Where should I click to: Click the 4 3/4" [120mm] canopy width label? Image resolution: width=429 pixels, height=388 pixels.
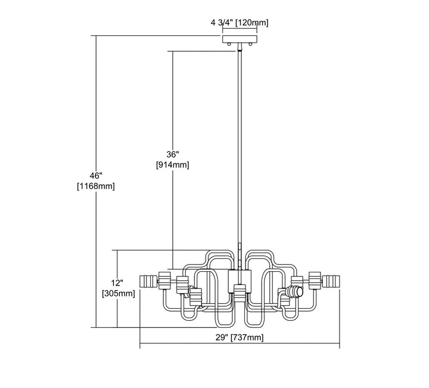coord(240,23)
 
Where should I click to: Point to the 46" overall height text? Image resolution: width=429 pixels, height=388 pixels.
coord(96,175)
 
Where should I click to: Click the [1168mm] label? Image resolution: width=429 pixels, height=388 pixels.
coord(96,186)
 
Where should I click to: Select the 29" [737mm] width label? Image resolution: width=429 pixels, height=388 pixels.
coord(240,337)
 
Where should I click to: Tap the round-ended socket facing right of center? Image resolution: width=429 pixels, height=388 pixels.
coord(293,291)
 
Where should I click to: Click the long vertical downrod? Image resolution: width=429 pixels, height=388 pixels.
coord(240,149)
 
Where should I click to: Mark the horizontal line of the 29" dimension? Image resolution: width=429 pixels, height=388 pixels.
coord(179,346)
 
